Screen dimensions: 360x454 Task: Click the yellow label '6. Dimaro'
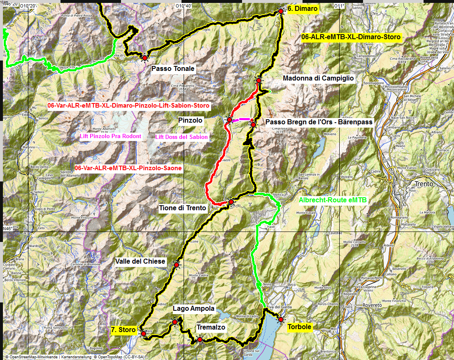(303, 8)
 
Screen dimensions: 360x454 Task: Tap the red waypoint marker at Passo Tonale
(145, 58)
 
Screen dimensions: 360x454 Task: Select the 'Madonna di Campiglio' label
(318, 78)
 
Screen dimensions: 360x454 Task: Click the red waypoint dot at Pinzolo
(229, 120)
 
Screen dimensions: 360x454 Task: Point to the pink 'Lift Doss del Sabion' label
(181, 137)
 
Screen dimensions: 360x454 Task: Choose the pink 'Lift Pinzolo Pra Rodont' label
(111, 136)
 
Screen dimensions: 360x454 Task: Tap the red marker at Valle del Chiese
(176, 265)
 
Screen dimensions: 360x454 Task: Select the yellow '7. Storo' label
(124, 330)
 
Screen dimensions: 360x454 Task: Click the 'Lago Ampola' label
(194, 309)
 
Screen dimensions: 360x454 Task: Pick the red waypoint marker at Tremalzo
(200, 340)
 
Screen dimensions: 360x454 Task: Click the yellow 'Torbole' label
(299, 327)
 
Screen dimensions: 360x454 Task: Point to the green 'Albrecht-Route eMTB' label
(333, 200)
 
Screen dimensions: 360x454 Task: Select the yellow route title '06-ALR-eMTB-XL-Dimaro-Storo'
(351, 37)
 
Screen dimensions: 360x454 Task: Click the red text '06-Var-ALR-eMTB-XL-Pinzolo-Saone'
(128, 168)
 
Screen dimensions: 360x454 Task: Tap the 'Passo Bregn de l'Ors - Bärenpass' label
(319, 122)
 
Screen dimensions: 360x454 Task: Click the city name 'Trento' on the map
(424, 184)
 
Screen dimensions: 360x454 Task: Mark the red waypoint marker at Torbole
(280, 320)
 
